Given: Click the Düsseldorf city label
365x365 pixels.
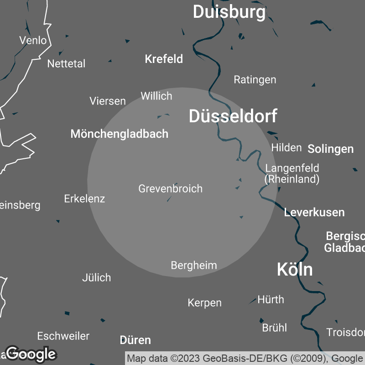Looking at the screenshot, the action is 233,117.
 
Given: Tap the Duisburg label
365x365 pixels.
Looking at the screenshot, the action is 229,12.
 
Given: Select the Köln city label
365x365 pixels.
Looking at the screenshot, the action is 295,270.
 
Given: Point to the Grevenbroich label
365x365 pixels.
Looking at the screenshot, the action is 170,188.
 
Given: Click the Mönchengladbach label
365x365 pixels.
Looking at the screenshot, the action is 120,134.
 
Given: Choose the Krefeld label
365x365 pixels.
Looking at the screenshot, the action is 164,59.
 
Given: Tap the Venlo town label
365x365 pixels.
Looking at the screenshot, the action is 33,40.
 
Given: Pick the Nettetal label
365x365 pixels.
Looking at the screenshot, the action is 66,63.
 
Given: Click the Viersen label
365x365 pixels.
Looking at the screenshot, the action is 108,101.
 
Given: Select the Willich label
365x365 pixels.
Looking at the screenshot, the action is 156,96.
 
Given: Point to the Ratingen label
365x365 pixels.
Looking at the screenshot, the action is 255,79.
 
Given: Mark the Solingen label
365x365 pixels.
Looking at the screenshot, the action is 330,149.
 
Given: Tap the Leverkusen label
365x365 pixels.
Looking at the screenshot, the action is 314,212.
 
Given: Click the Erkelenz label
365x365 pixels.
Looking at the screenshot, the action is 84,198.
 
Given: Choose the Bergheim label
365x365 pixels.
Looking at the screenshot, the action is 193,265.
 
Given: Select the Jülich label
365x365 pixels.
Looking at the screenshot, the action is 96,277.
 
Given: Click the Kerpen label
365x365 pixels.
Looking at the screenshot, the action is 204,302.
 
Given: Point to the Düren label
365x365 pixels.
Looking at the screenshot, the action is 135,340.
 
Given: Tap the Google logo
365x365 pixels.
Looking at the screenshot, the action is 31,354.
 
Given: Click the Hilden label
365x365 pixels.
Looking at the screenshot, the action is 286,147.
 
